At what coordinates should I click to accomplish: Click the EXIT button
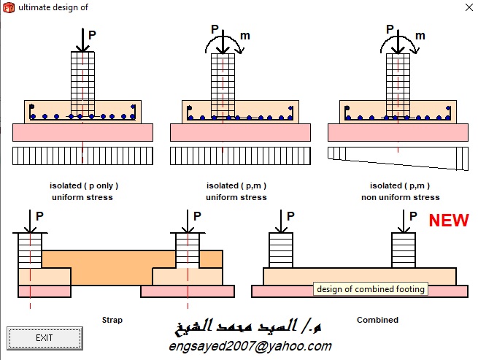pyautogui.click(x=44, y=337)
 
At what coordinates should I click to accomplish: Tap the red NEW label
pyautogui.click(x=448, y=221)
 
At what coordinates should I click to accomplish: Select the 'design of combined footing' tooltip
pyautogui.click(x=370, y=289)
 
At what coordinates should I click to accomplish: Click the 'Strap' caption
pyautogui.click(x=112, y=320)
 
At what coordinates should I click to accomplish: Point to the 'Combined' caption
pyautogui.click(x=377, y=320)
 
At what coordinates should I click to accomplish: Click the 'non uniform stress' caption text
pyautogui.click(x=401, y=197)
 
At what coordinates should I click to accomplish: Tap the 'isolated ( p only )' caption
pyautogui.click(x=82, y=186)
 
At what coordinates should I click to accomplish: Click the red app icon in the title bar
pyautogui.click(x=9, y=8)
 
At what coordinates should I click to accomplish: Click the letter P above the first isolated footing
pyautogui.click(x=91, y=34)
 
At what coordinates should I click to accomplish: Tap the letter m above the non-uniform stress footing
pyautogui.click(x=420, y=36)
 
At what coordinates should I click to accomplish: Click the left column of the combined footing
pyautogui.click(x=281, y=250)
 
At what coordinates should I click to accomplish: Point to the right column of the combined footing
pyautogui.click(x=404, y=250)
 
